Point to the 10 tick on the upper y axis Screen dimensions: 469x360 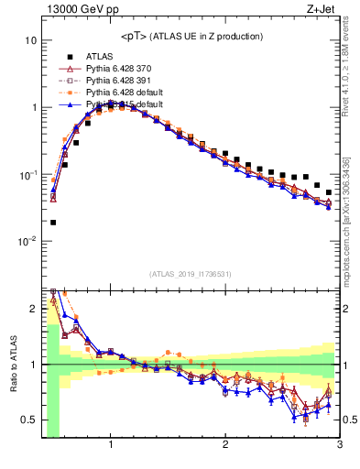point(31,41)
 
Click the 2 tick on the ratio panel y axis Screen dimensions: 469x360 point(34,309)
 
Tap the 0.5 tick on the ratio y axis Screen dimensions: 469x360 point(29,420)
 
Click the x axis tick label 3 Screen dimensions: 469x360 point(339,445)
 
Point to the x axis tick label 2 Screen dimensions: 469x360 point(225,445)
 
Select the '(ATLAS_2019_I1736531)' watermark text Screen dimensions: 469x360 point(191,273)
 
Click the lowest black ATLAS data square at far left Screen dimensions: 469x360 point(53,222)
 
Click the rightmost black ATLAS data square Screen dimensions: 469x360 point(329,192)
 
